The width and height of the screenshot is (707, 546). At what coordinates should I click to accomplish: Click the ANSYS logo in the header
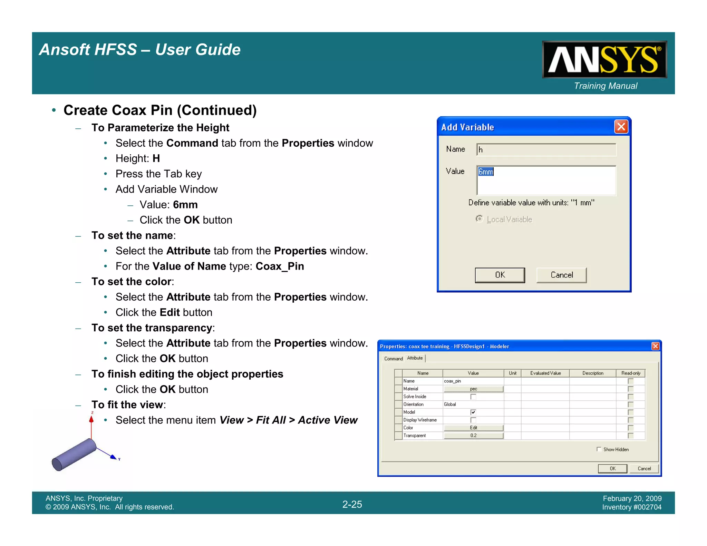coord(604,59)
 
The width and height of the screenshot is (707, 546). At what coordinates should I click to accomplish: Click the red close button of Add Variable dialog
coord(621,127)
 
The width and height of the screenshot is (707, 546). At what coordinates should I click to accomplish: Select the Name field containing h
coord(546,150)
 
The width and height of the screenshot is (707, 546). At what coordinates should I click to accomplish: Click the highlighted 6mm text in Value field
coord(486,172)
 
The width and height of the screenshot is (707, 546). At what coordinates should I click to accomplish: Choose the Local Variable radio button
coord(479,219)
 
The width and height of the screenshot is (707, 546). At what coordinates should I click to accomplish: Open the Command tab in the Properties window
coord(393,359)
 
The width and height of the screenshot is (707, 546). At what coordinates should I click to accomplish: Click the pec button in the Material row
coord(473,389)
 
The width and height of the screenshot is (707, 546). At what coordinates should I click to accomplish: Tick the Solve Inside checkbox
coord(473,397)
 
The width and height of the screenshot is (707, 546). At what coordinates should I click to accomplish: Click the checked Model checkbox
coord(473,412)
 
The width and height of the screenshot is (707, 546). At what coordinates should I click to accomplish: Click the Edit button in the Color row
coord(473,428)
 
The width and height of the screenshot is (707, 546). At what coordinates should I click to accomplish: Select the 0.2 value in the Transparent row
coord(473,436)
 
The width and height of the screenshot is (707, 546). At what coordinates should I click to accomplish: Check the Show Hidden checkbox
coord(599,449)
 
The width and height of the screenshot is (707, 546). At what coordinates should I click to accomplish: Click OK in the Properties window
coord(612,468)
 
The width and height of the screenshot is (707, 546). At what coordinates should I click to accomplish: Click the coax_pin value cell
coord(473,381)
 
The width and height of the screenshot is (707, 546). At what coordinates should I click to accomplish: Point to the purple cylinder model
coord(74,454)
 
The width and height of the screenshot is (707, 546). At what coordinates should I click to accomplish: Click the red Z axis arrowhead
coord(91,419)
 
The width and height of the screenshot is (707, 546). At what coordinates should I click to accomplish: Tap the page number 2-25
coord(352,504)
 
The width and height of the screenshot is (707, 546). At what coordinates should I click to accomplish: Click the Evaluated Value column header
coord(545,373)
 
